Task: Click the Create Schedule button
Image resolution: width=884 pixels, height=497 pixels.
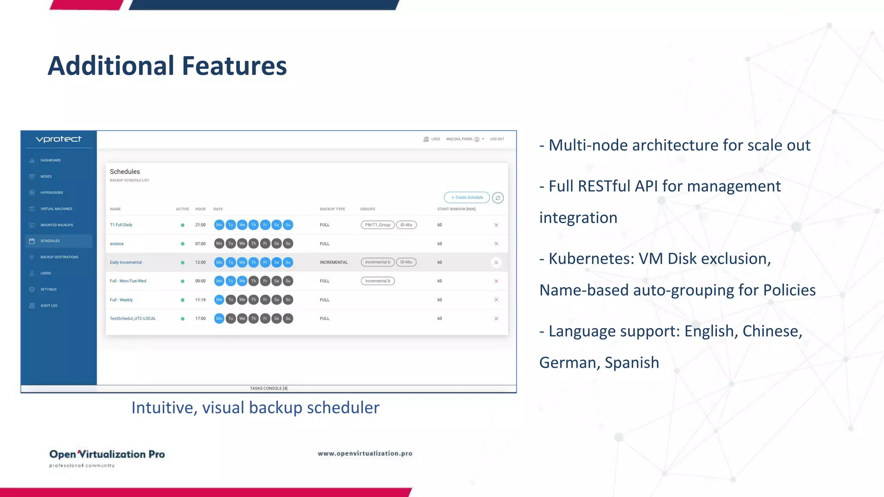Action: [x=467, y=198]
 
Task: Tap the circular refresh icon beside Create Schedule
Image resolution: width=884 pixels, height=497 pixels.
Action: [x=498, y=198]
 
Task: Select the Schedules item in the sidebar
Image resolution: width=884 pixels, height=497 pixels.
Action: [x=50, y=241]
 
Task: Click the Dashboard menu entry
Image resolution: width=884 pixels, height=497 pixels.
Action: [x=51, y=160]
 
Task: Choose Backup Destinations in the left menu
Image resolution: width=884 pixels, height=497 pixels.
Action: [x=59, y=257]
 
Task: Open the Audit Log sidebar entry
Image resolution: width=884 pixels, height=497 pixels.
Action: [x=49, y=306]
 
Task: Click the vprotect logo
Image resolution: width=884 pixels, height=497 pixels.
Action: [x=59, y=139]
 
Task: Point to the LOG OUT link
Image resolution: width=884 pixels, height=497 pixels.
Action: [x=497, y=139]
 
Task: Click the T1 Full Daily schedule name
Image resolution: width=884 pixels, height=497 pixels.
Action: [x=121, y=225]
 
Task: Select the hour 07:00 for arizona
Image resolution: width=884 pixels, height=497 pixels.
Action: [x=200, y=244]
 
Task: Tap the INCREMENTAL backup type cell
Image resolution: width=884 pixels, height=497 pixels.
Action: [x=334, y=262]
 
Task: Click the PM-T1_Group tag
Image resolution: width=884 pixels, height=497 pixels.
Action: [x=378, y=225]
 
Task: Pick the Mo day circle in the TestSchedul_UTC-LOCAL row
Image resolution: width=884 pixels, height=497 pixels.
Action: [x=219, y=319]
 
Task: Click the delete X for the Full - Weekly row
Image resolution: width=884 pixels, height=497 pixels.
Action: [x=496, y=300]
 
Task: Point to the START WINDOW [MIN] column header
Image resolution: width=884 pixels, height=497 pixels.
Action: [x=456, y=209]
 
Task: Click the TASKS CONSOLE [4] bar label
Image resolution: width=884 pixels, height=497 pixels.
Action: [x=268, y=389]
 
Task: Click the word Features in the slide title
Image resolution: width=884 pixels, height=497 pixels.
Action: [x=234, y=66]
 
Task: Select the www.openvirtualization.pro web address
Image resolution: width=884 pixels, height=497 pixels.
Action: [x=365, y=453]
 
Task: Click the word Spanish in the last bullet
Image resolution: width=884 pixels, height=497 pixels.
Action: [x=631, y=363]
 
